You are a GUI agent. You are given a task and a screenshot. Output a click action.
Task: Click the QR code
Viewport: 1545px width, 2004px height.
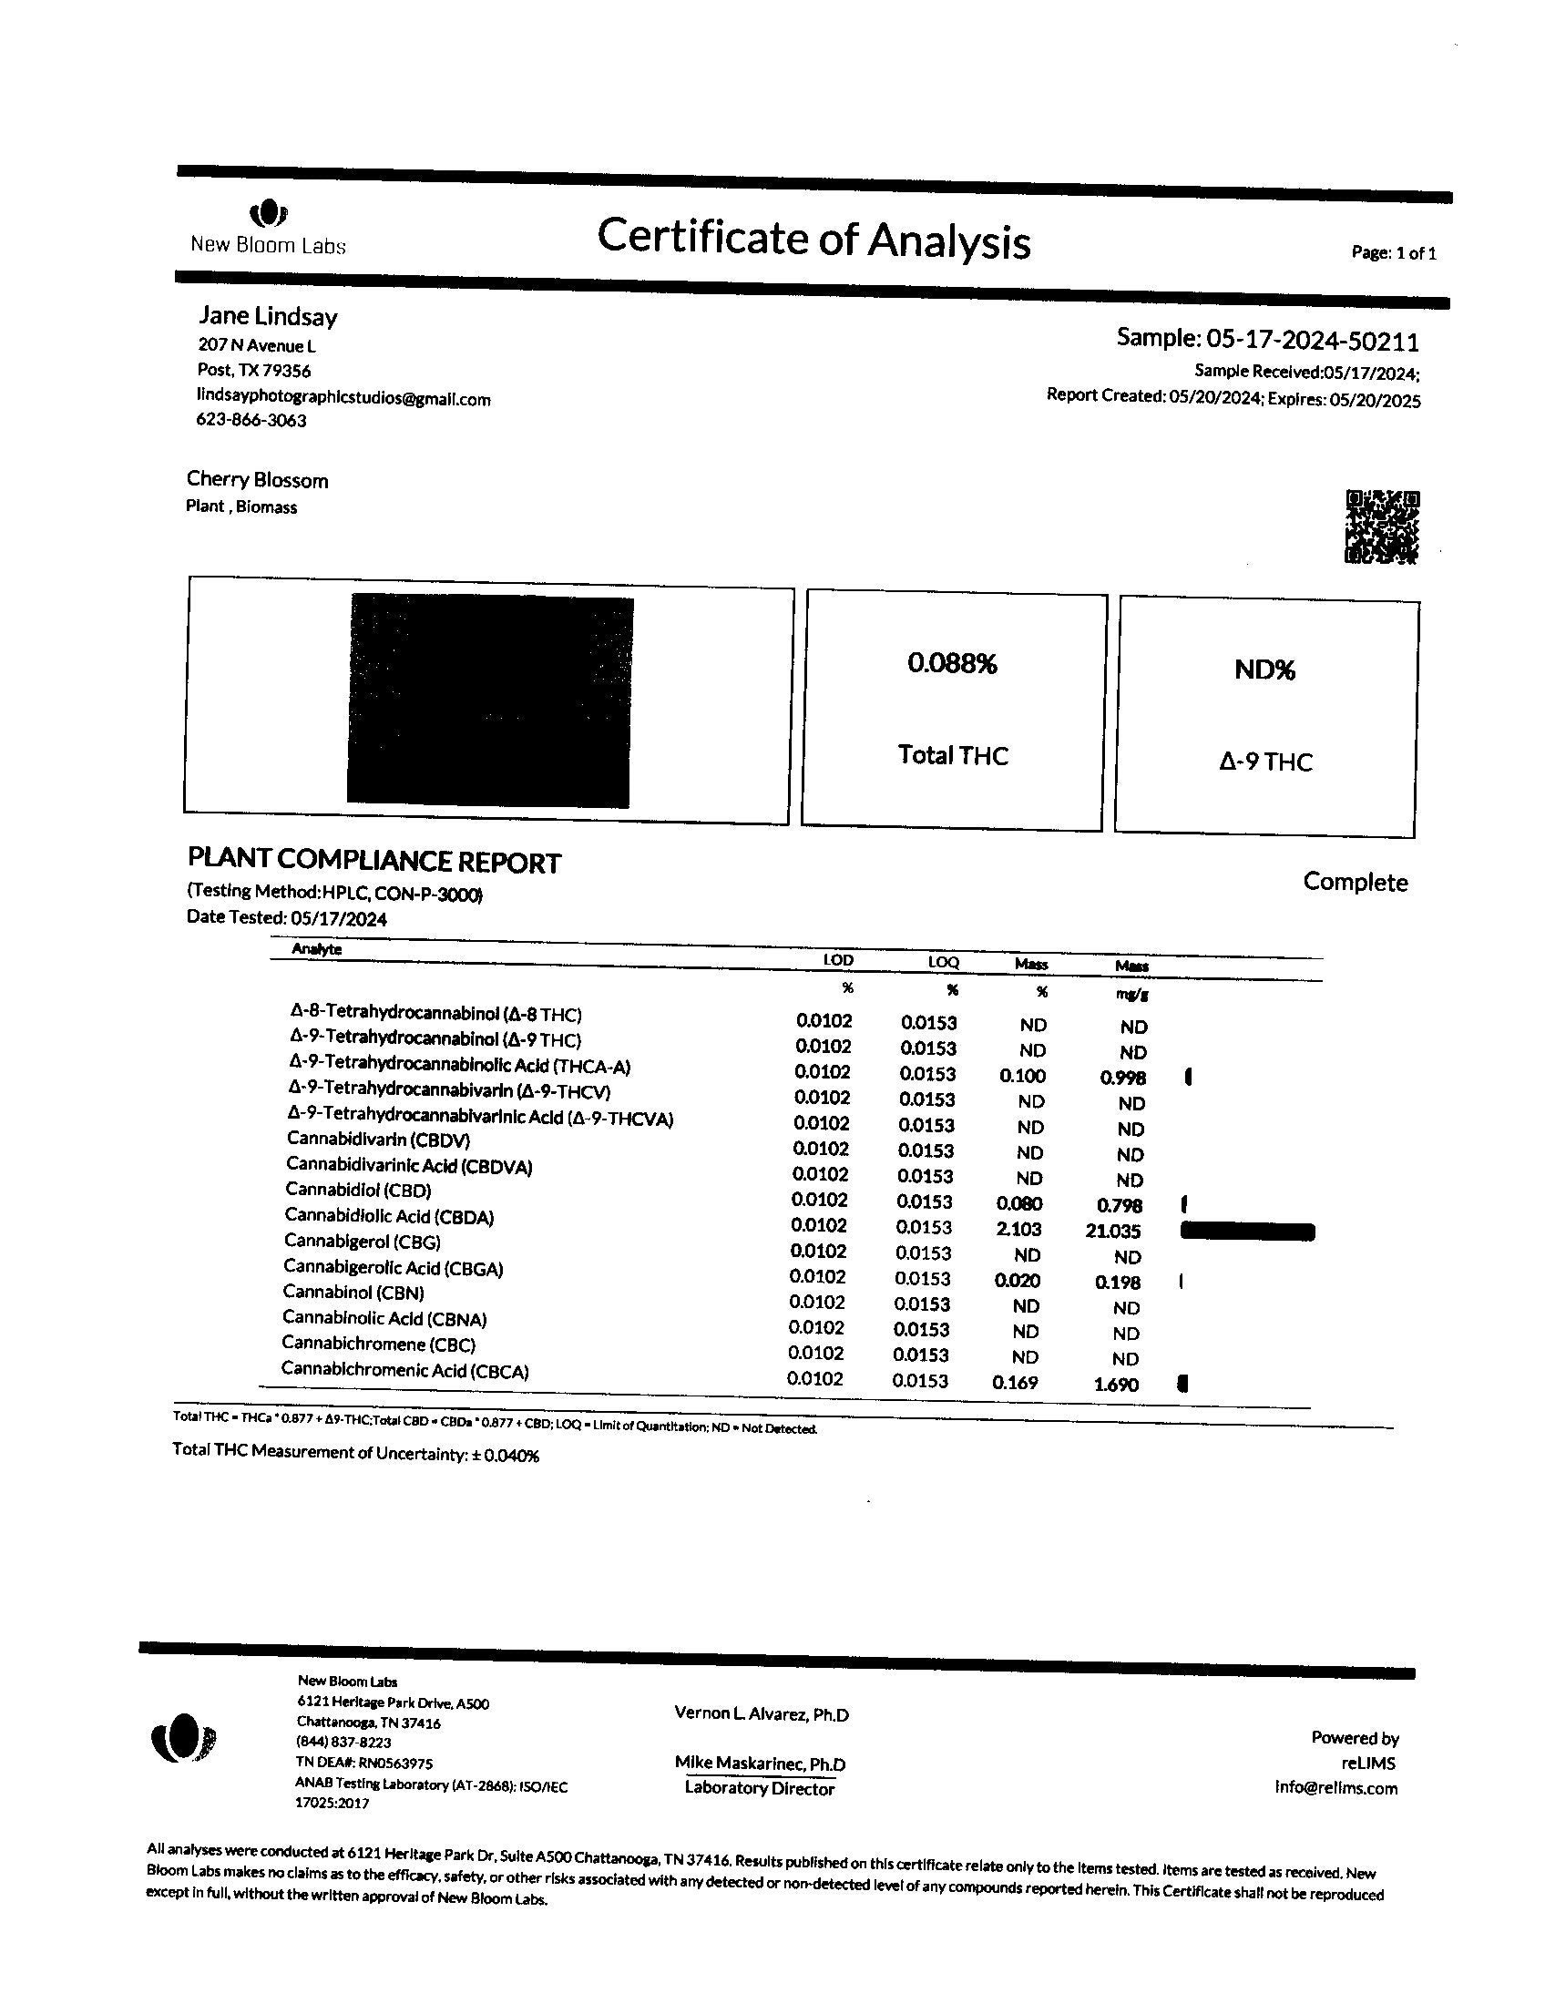[x=1381, y=527]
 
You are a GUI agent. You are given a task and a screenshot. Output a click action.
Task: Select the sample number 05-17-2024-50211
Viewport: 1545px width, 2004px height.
[x=1312, y=341]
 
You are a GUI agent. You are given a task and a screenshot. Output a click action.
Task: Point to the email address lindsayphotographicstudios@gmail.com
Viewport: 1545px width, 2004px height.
[x=343, y=398]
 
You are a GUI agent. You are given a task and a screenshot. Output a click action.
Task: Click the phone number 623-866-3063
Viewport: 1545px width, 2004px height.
[x=251, y=420]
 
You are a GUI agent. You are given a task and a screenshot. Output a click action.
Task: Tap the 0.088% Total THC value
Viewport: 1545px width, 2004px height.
[x=951, y=663]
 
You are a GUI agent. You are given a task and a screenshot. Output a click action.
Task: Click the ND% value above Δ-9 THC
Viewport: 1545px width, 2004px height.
[x=1264, y=670]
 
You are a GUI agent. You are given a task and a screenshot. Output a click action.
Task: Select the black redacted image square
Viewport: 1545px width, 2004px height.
[x=491, y=701]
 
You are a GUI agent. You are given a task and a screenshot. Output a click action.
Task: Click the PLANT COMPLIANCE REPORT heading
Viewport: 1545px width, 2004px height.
[x=373, y=861]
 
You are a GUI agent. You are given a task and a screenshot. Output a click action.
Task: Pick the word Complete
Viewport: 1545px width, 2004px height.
[x=1356, y=882]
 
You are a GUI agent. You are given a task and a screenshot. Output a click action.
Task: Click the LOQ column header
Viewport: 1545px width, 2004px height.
[x=943, y=962]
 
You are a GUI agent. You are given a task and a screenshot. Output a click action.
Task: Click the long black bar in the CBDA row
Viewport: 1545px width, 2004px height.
[x=1247, y=1232]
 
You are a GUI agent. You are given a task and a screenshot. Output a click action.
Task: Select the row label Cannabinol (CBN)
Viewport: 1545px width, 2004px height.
[x=353, y=1293]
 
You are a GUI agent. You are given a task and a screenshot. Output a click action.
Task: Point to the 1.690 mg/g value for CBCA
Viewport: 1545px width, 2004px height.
[x=1116, y=1385]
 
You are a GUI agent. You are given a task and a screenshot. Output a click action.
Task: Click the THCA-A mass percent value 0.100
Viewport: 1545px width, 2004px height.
[x=1022, y=1076]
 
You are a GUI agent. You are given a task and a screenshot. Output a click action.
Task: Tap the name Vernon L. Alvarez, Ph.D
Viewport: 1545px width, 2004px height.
[x=762, y=1714]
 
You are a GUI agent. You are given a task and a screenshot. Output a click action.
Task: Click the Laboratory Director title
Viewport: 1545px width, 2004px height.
[x=760, y=1788]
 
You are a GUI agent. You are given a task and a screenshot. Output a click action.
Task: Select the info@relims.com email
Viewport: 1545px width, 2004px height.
[x=1335, y=1787]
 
